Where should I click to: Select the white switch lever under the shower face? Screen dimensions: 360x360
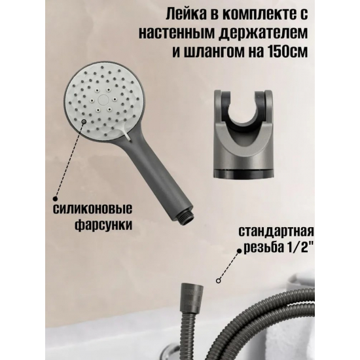point(127,134)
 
